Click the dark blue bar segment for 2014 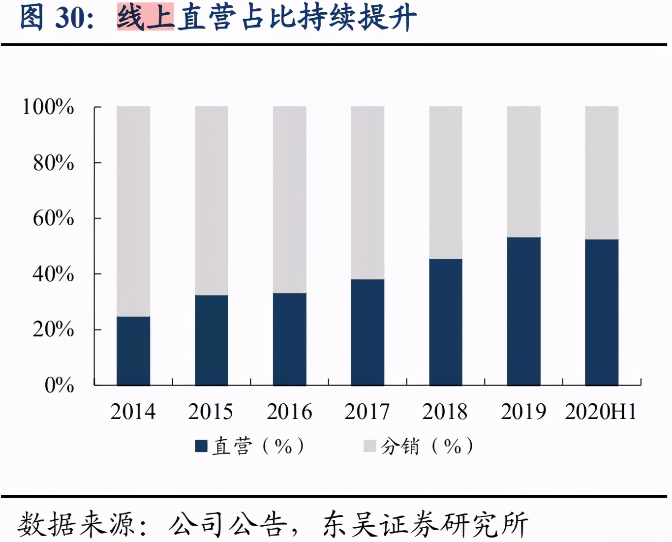point(133,351)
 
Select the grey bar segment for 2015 point(212,201)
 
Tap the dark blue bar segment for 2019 point(523,311)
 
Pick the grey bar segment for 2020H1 point(602,173)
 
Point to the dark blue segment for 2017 point(367,332)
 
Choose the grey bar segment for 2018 point(446,182)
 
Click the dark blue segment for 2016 point(290,339)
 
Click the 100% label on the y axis point(48,107)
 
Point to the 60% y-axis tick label point(53,218)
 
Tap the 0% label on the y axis point(59,385)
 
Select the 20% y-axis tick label point(53,329)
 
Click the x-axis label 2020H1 point(601,412)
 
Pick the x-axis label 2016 point(289,412)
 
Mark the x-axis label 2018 point(445,412)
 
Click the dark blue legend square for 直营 point(201,446)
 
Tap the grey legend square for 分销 point(369,446)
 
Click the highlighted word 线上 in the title point(145,17)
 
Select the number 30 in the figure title point(68,18)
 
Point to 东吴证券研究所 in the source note point(425,524)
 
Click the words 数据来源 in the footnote point(76,524)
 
